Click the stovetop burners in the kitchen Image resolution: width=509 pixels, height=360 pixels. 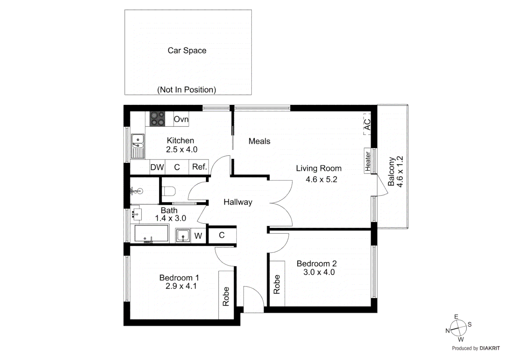157,119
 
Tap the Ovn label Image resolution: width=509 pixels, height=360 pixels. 181,119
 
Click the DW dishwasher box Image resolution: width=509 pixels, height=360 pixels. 157,167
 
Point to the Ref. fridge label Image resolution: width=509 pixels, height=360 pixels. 200,167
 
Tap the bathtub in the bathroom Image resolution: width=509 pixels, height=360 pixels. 151,233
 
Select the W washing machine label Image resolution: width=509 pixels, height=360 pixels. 198,236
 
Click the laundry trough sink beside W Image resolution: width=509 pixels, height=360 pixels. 183,235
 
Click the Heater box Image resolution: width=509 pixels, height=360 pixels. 368,161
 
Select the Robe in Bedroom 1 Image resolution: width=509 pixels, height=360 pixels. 226,296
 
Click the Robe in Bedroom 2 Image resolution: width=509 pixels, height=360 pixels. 277,284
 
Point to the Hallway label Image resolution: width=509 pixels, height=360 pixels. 238,202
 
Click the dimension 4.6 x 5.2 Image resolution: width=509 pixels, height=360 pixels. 321,179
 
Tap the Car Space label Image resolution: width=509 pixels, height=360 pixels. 187,50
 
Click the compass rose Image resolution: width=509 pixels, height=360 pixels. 459,328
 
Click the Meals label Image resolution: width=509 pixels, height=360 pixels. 259,141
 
